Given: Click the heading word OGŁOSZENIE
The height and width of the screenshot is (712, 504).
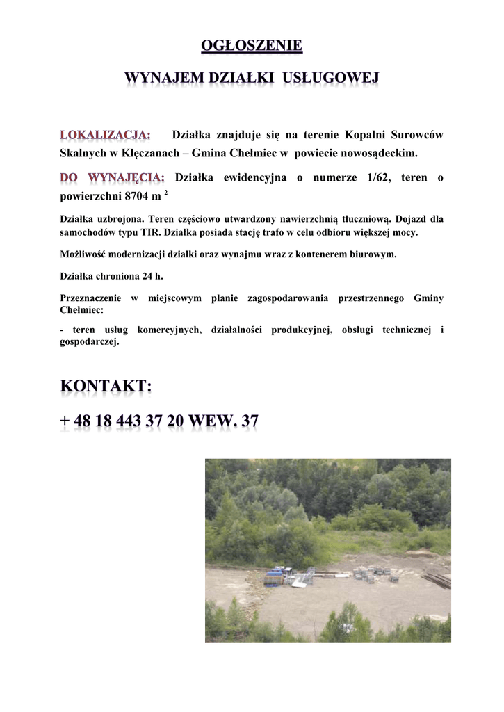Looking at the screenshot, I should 252,47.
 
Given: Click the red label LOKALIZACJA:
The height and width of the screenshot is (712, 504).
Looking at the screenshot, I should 105,134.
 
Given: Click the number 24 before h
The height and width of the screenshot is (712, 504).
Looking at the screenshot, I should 147,276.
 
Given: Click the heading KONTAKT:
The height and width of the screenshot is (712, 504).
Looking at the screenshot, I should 106,387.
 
